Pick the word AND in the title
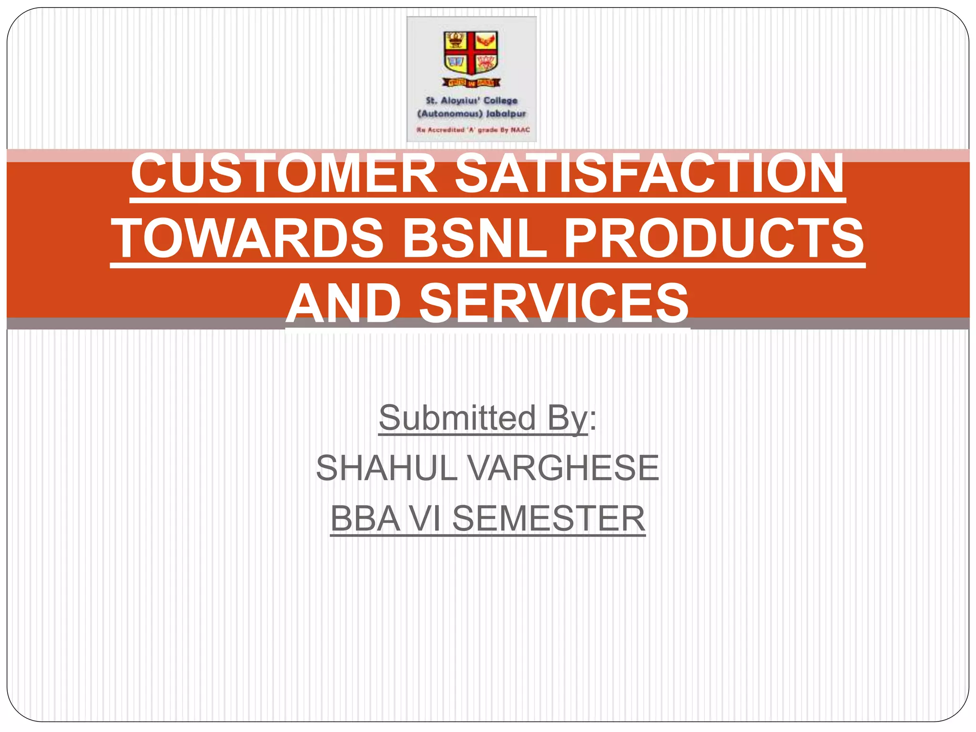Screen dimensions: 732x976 coord(344,303)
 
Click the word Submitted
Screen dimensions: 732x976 coord(457,418)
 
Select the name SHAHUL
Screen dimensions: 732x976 coord(386,468)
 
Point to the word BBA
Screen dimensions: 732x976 coord(365,519)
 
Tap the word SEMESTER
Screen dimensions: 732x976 coord(549,519)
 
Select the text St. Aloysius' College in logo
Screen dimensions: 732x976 coord(471,101)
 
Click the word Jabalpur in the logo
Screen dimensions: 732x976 coord(506,114)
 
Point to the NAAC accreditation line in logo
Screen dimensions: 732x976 coord(473,130)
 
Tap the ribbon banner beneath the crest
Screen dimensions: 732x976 coord(471,83)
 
